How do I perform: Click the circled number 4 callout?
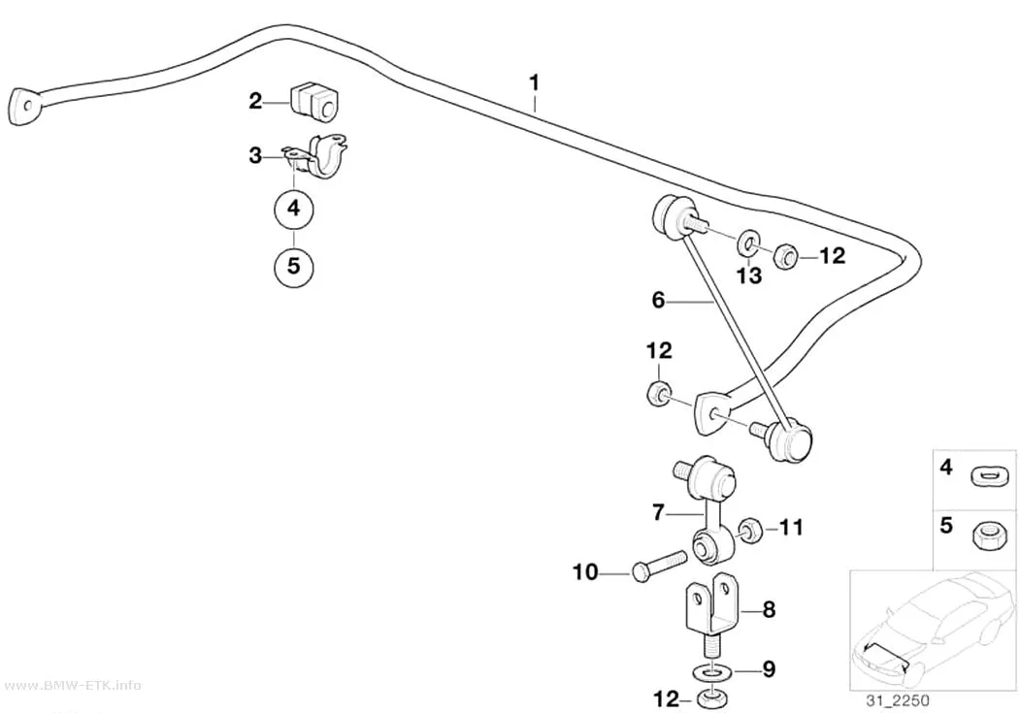[294, 209]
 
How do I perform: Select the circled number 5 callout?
[294, 266]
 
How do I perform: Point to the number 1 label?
[534, 83]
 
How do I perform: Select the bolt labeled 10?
[658, 565]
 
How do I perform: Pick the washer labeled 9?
[711, 670]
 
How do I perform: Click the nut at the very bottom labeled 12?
[711, 700]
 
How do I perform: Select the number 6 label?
[658, 300]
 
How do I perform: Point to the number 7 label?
[658, 513]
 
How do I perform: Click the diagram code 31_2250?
[897, 700]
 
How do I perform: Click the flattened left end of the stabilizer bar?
[24, 105]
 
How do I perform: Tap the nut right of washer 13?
[785, 256]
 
